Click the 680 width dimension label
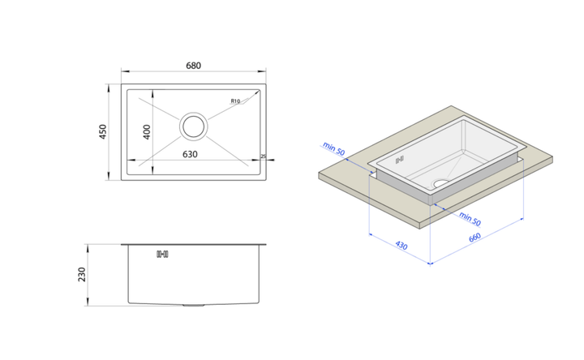click(x=193, y=66)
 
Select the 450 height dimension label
click(x=103, y=132)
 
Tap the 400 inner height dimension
click(x=147, y=132)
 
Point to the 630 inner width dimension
click(x=190, y=154)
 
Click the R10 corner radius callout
click(x=235, y=101)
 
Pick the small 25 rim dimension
click(x=264, y=156)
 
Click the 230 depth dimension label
click(x=82, y=274)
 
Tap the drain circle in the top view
click(x=194, y=126)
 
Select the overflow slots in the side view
click(x=162, y=255)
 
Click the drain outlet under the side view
click(x=194, y=306)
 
